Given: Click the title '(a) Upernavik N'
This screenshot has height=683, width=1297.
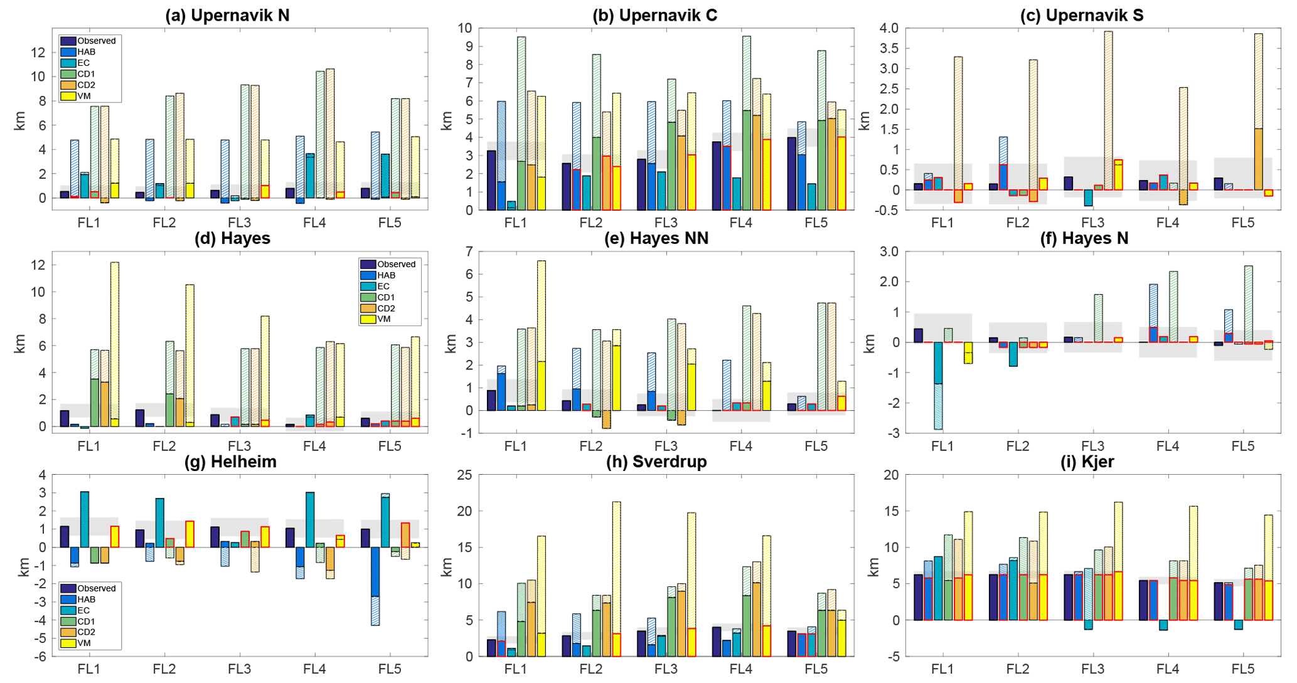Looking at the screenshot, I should pos(227,16).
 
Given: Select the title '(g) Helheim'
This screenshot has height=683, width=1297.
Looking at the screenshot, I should pos(230,462).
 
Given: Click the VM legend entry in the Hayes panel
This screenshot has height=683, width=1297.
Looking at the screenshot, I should pos(383,319).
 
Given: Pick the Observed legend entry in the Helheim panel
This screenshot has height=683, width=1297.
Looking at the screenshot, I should pos(88,588).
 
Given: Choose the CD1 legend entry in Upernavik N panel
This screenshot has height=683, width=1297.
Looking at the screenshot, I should pos(87,74).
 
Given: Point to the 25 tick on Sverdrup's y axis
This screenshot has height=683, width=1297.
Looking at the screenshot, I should pos(465,475).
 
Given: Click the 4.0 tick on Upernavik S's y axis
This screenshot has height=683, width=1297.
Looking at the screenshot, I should pos(889,28).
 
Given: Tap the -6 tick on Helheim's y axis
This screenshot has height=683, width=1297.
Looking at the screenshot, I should pos(42,657).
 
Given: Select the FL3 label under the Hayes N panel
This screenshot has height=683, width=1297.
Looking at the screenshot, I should pos(1092,446).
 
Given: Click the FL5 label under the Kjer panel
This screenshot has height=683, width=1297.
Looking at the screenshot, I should pos(1242,669).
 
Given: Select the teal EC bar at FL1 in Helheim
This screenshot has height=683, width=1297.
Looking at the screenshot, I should pos(84,519).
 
